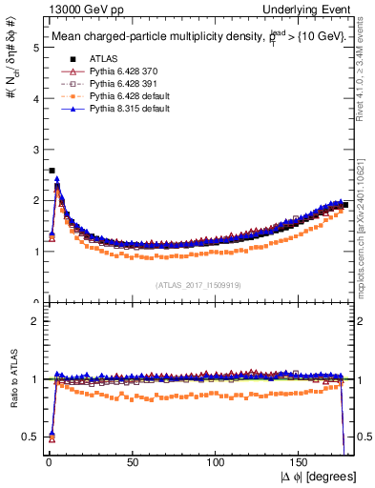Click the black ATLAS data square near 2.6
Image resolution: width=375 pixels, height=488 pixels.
tap(51, 171)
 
